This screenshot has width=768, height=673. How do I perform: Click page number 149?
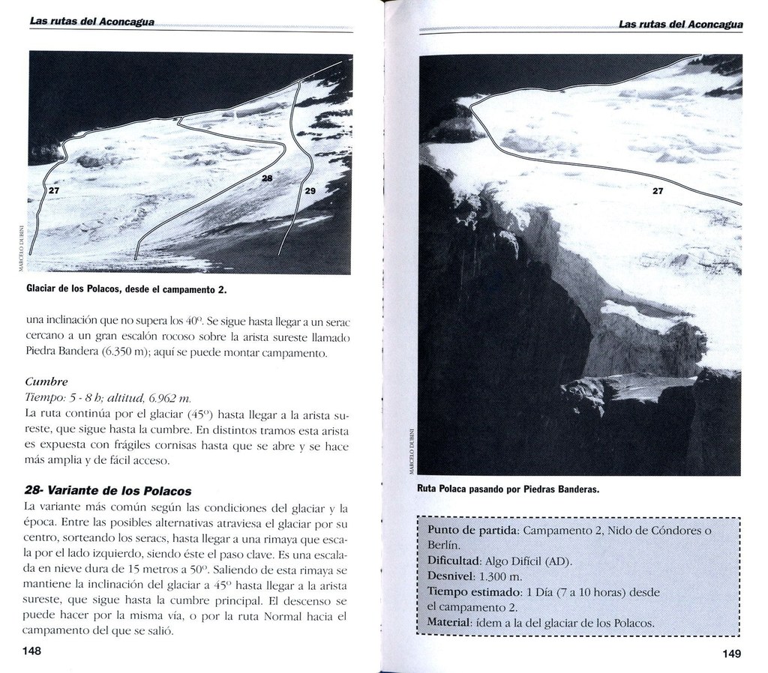[732, 654]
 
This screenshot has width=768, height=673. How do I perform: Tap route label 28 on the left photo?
[268, 178]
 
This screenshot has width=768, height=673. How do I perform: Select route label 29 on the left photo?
[310, 192]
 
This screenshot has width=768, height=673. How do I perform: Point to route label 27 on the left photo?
[52, 191]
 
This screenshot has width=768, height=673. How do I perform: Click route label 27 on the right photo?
[658, 191]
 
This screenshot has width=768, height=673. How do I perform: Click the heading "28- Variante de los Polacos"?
[107, 491]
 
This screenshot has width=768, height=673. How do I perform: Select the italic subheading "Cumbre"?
[46, 381]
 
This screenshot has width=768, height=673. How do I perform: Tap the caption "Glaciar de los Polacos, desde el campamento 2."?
[126, 289]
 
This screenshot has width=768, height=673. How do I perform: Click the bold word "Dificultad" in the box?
[454, 560]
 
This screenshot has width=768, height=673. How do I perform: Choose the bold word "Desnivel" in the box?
[451, 576]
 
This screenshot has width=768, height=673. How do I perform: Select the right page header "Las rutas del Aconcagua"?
[680, 24]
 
